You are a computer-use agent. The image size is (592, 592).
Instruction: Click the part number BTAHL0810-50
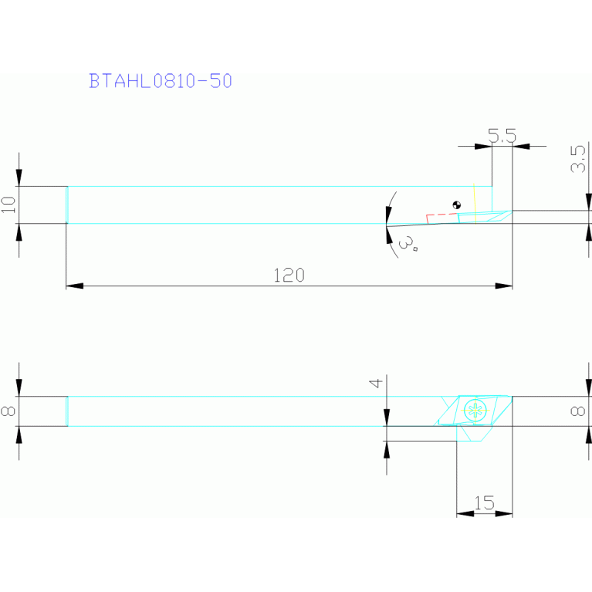(161, 80)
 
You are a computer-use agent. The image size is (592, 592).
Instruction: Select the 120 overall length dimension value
(289, 276)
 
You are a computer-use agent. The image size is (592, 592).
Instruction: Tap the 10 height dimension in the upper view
(8, 205)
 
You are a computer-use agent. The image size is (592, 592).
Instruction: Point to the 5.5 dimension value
(502, 136)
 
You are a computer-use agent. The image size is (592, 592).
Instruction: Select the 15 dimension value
(484, 503)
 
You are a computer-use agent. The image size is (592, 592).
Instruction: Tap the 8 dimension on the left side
(8, 411)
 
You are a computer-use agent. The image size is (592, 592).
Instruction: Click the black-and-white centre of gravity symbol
(456, 205)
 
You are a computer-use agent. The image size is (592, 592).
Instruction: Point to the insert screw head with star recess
(475, 411)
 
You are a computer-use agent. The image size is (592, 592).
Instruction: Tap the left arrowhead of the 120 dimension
(74, 286)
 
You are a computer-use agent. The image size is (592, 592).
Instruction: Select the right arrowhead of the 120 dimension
(504, 286)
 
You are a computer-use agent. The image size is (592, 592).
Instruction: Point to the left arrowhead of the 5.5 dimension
(484, 145)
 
